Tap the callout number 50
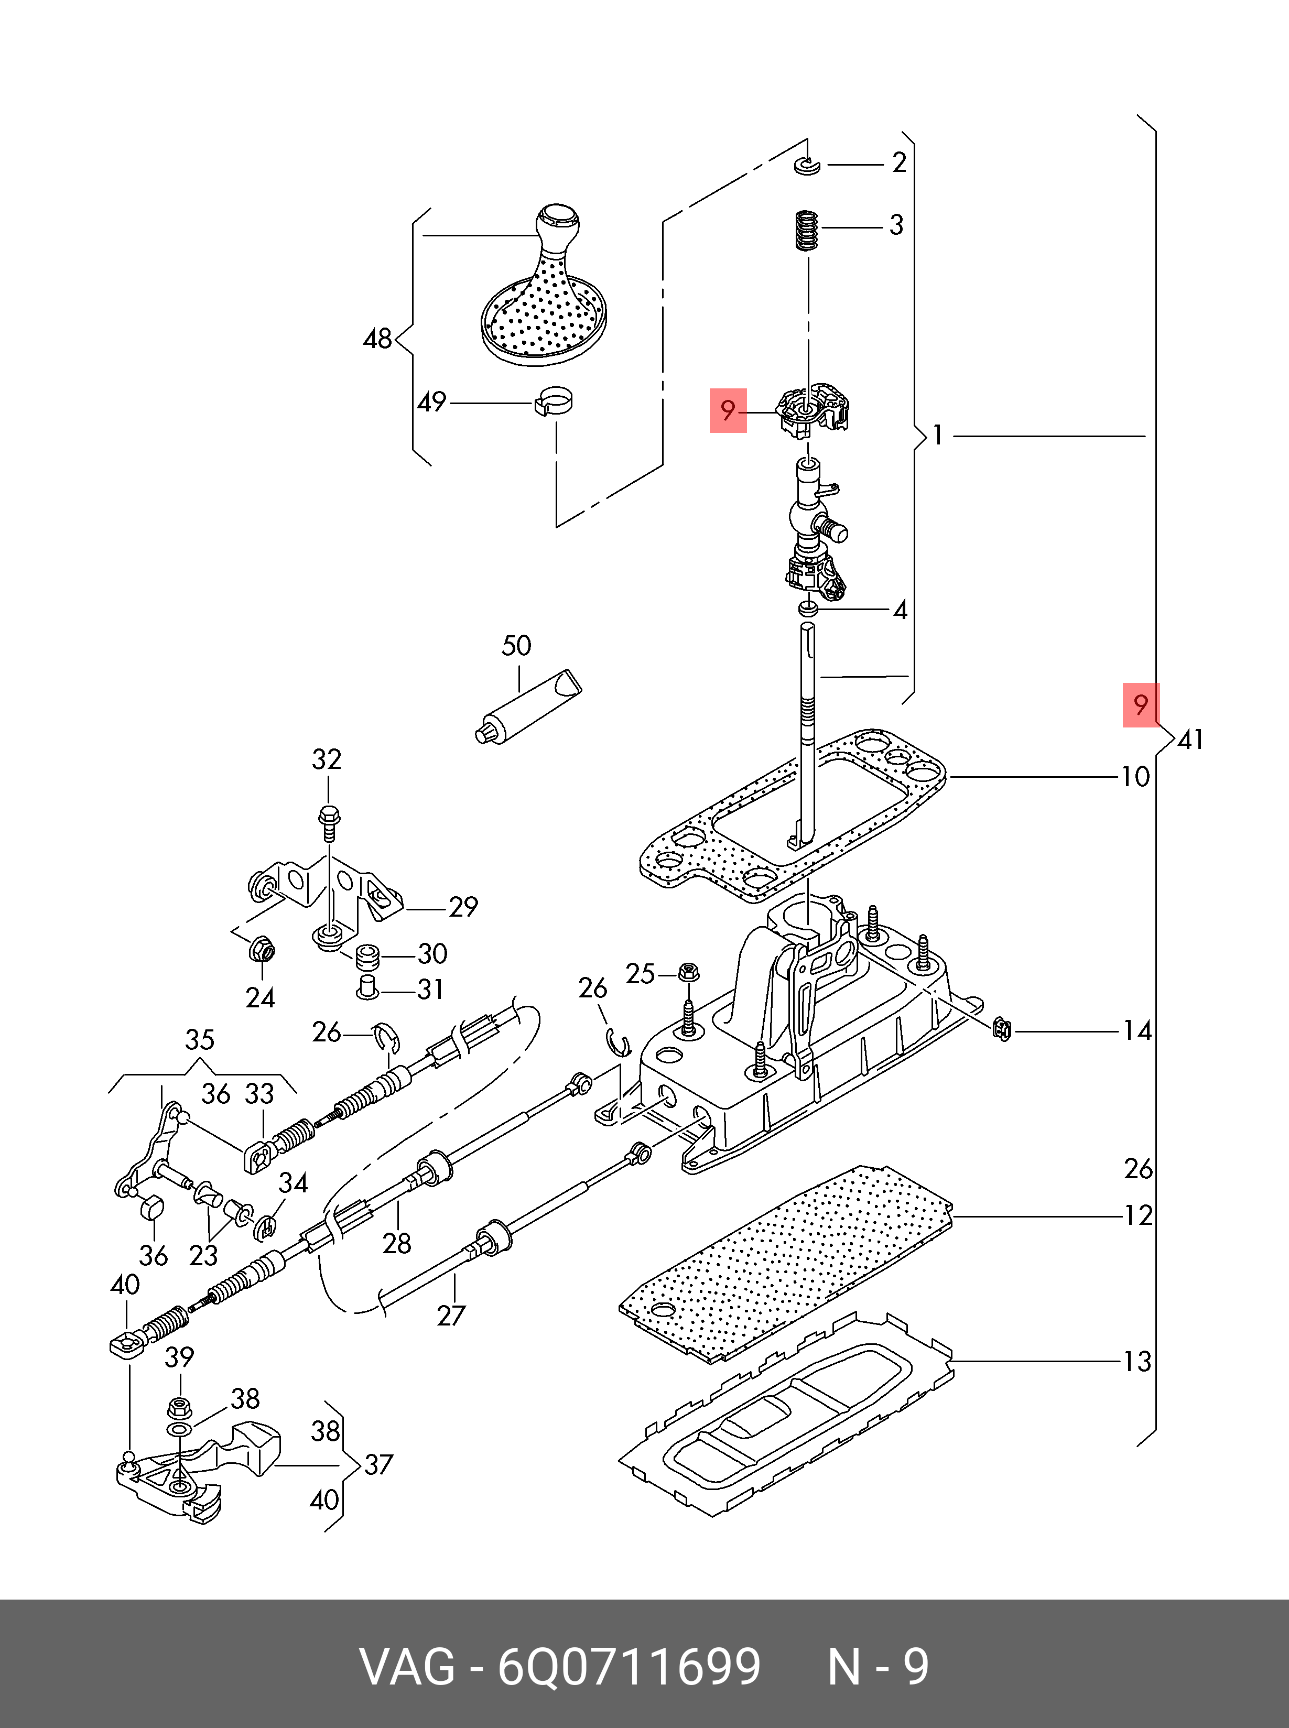516,646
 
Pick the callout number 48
377,339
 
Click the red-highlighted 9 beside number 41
1141,704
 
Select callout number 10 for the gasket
1135,777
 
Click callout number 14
1137,1031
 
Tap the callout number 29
463,907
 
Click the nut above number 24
262,951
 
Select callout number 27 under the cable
451,1316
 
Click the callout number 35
200,1040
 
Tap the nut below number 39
179,1408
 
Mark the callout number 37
378,1465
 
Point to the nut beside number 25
688,973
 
